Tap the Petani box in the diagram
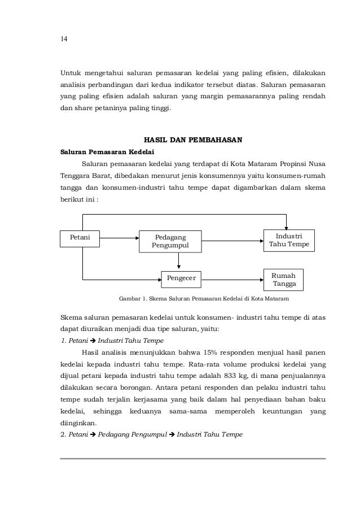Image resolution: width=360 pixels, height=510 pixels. (83, 236)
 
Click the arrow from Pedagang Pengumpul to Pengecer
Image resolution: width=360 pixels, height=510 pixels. (179, 260)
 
